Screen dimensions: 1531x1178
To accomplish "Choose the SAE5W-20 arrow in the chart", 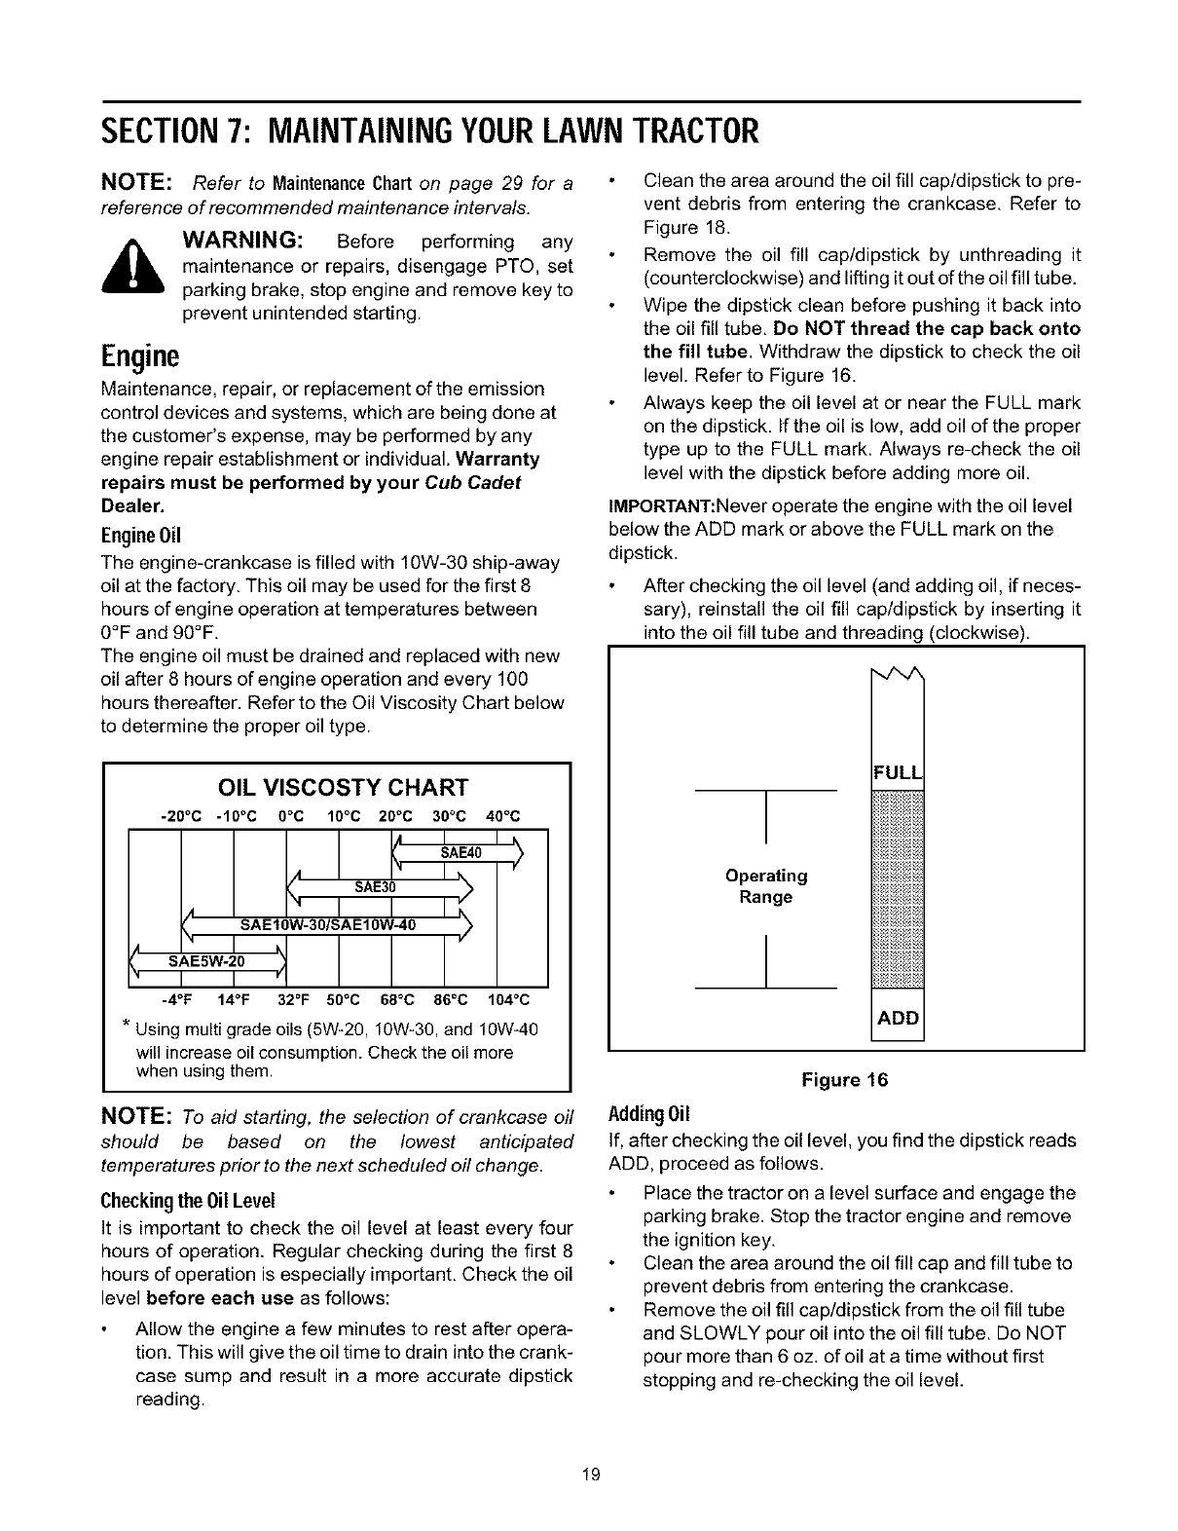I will (208, 962).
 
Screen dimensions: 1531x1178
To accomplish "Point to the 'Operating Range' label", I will (766, 886).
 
